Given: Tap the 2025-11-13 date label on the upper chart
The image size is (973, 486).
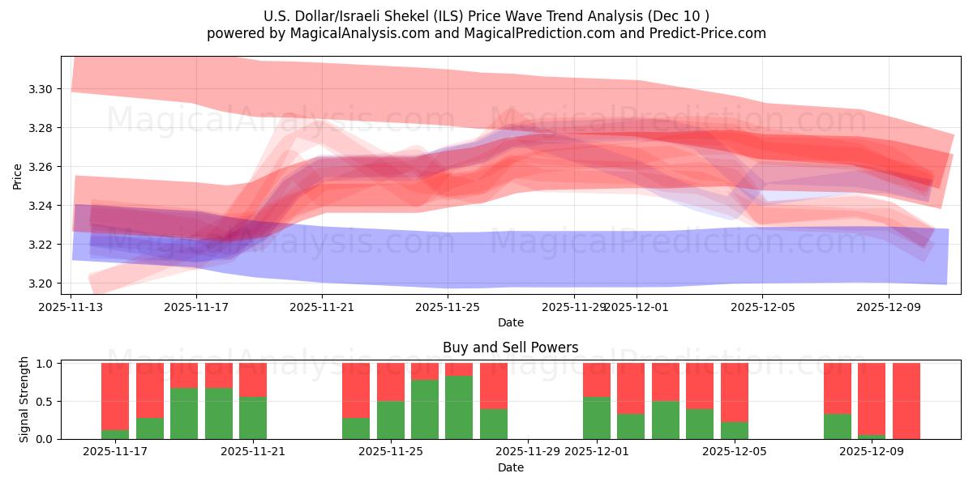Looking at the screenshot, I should (71, 307).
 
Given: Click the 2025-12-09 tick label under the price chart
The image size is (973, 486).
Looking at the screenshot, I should (888, 307).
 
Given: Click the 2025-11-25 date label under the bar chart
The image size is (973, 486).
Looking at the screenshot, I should (391, 452).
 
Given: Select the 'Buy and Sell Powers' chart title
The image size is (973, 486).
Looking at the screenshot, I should (510, 347).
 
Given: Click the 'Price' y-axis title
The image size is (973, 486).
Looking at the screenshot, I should (18, 176).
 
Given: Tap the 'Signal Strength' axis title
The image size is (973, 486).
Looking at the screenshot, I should (24, 399).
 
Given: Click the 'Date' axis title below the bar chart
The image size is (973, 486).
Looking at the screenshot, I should (510, 467).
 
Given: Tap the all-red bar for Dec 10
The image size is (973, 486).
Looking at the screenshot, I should (906, 401).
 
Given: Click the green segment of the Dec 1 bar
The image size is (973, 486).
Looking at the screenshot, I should (597, 418).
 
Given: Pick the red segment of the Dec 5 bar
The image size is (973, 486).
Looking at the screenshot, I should (734, 392).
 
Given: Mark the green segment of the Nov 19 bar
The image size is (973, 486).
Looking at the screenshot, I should (184, 413).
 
